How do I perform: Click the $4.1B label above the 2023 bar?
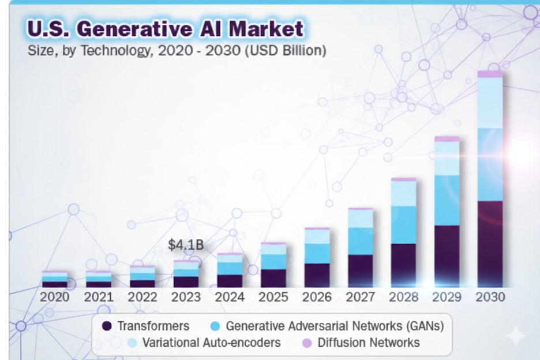point(186,245)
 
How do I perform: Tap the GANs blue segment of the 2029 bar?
point(447,200)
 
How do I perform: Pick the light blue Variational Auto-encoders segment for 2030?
point(490,102)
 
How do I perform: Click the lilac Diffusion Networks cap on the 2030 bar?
point(490,74)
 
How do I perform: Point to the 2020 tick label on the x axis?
point(54,297)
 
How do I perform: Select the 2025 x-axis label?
point(273,297)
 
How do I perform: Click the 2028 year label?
point(403,297)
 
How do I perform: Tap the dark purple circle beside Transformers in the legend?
point(107,326)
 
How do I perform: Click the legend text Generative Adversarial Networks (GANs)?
point(335,326)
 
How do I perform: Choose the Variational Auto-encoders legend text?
point(212,343)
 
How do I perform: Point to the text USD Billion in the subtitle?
point(286,50)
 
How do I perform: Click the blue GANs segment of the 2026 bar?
point(317,253)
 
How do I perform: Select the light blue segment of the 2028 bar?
point(403,193)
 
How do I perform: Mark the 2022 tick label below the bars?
point(142,297)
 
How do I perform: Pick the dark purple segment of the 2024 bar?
point(230,280)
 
